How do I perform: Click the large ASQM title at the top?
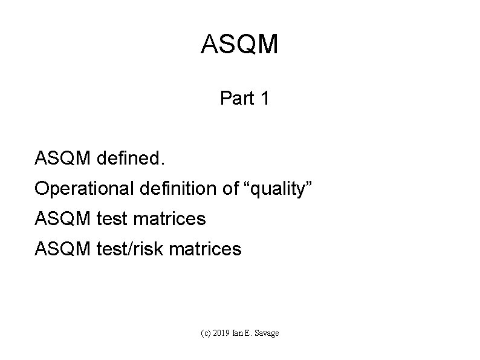239,45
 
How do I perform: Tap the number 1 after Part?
264,98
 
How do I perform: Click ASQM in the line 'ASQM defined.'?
62,159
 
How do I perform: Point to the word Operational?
83,189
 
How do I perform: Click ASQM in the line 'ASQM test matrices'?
62,218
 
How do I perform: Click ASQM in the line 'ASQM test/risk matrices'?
62,248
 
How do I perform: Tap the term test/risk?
129,248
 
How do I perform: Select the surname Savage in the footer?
268,333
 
